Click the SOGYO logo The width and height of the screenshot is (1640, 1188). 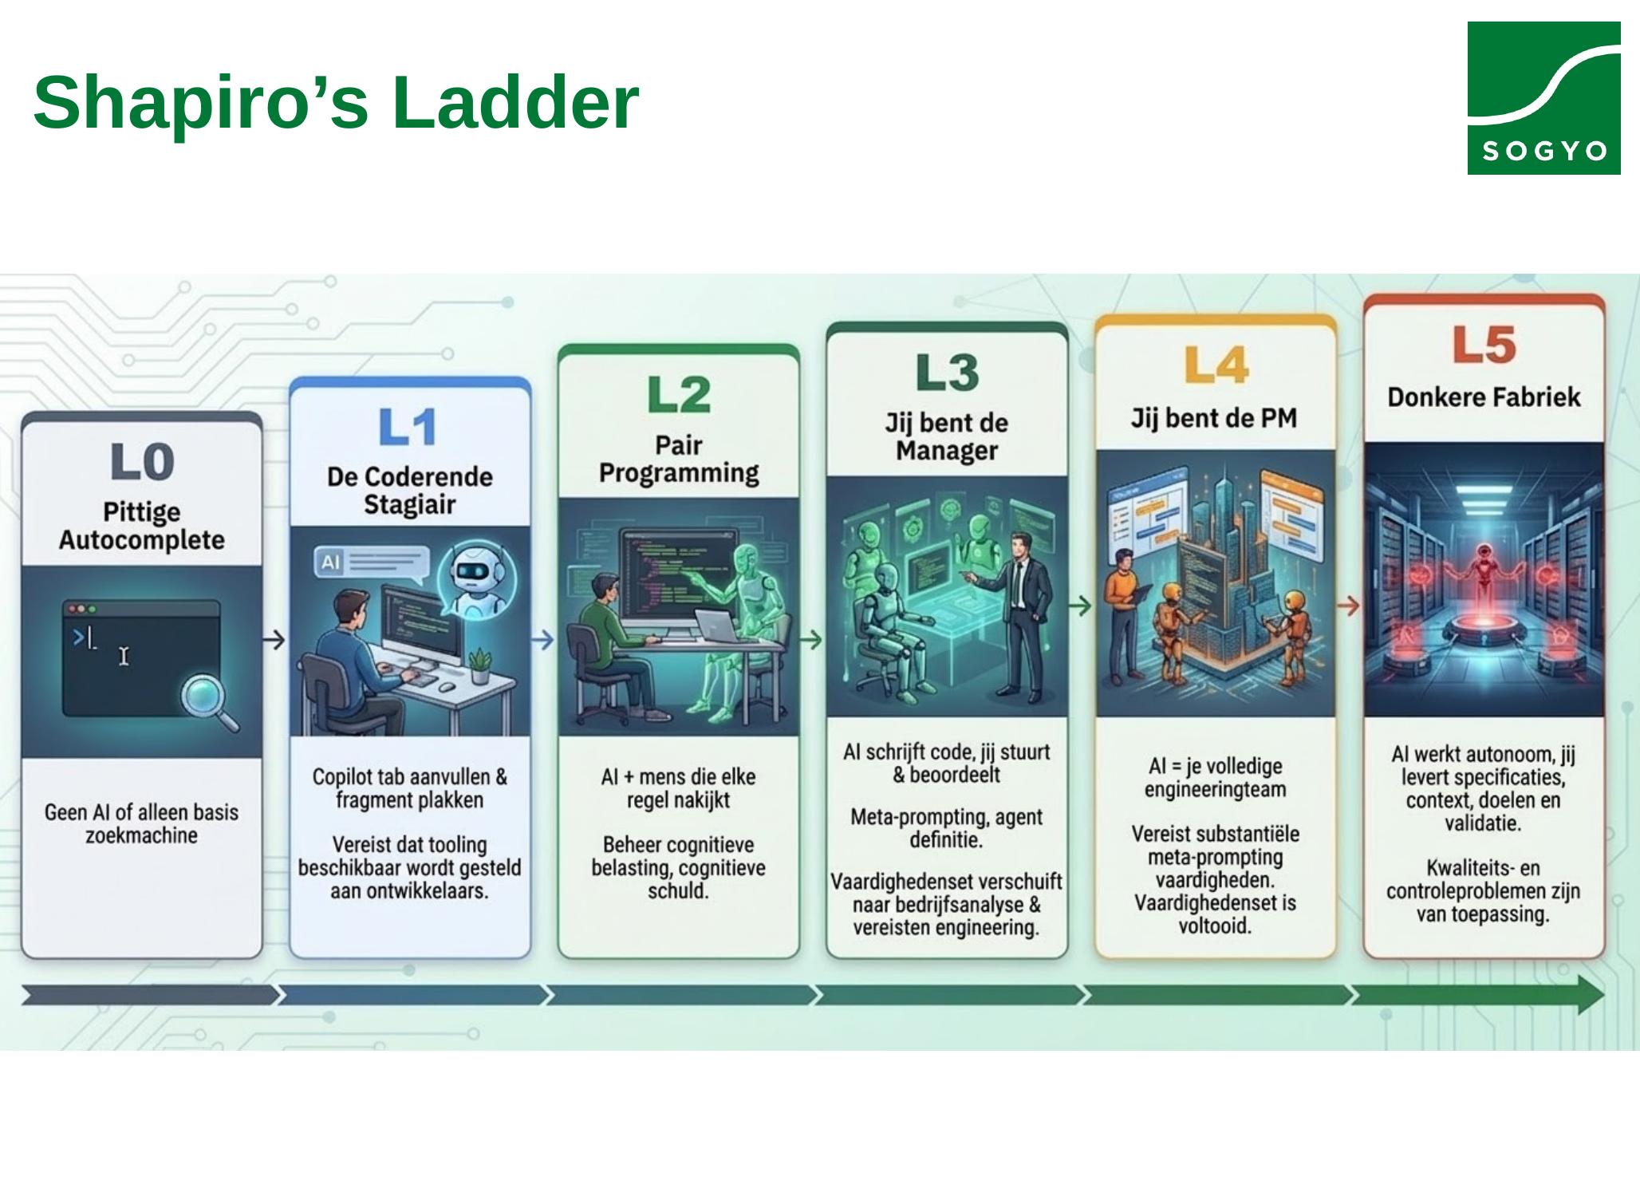tap(1543, 98)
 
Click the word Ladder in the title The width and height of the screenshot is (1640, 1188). tap(515, 102)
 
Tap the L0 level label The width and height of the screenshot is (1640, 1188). tap(142, 462)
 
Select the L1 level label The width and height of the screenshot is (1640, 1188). tap(408, 427)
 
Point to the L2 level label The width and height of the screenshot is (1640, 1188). tap(679, 394)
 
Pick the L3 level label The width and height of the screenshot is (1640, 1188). tap(947, 372)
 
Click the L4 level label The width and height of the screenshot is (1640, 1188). tap(1216, 365)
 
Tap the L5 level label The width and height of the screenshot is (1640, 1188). tap(1484, 345)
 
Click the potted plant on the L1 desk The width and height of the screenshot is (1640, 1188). tap(479, 665)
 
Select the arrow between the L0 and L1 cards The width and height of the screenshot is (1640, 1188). tap(274, 640)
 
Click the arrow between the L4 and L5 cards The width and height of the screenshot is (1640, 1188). tap(1349, 606)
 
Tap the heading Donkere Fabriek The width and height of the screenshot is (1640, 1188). tap(1484, 397)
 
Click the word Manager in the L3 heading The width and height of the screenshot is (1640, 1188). tap(947, 451)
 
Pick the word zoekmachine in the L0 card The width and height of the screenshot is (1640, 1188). tap(141, 836)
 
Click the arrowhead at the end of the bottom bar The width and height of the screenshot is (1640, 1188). tap(1590, 995)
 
